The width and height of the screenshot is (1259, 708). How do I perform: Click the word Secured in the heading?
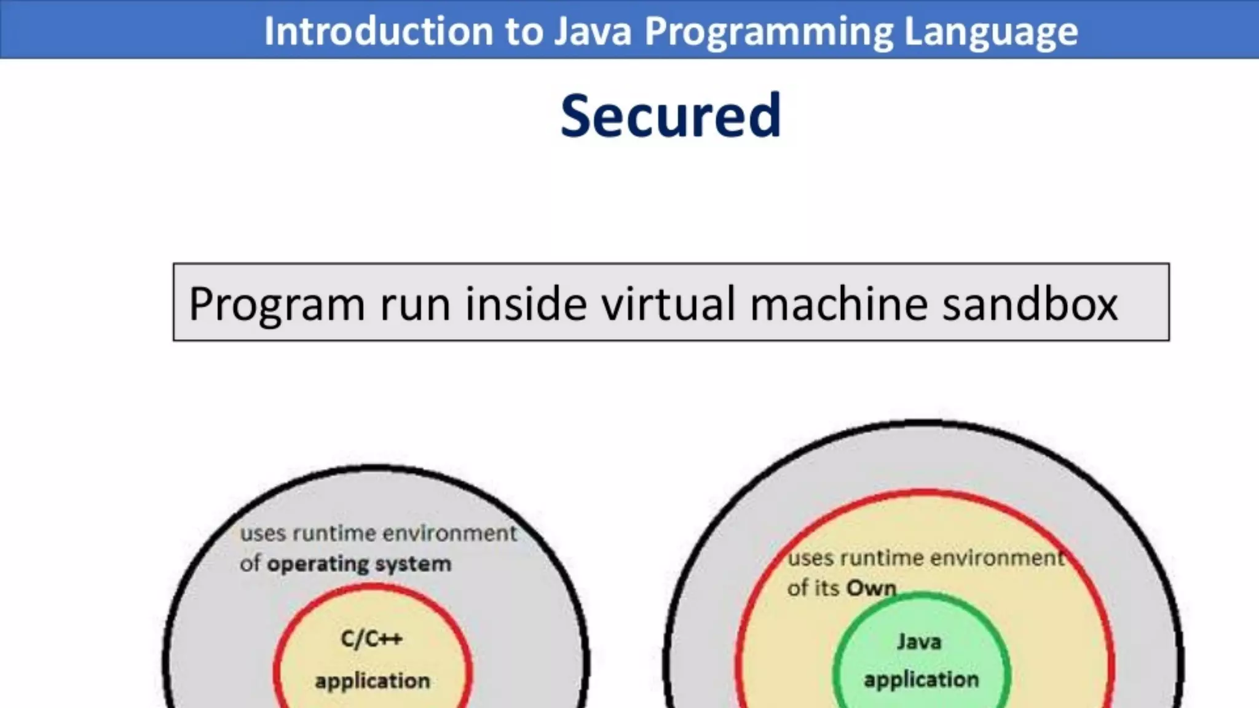pos(671,116)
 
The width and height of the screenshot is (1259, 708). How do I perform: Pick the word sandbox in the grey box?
pos(1030,304)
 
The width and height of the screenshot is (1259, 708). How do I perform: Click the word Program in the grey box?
pos(277,305)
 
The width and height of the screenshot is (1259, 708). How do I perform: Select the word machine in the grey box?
pos(839,304)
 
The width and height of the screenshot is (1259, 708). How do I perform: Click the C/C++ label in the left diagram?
pos(372,639)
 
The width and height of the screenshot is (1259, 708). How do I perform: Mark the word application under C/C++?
pos(373,681)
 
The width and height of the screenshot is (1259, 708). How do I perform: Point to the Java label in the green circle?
pos(919,642)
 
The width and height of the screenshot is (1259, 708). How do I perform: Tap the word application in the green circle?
pos(921,680)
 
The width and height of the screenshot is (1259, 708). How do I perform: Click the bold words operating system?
pos(359,564)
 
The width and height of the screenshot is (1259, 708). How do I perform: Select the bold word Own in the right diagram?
pos(872,588)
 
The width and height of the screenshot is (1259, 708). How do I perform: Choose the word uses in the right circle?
pos(811,558)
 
